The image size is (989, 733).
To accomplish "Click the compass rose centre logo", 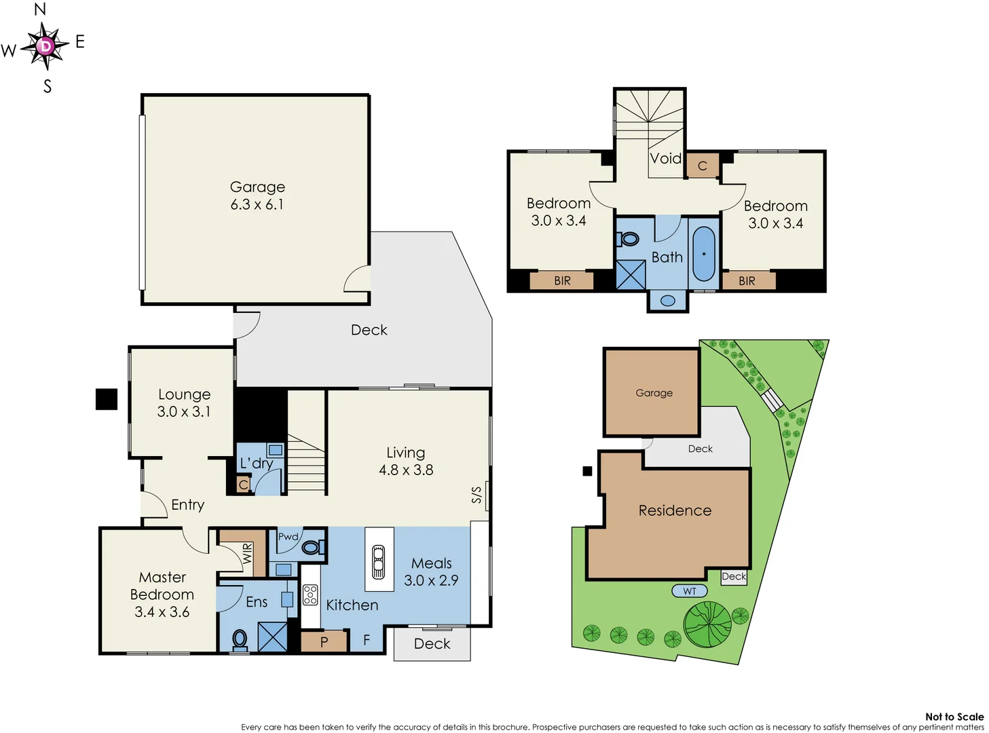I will pyautogui.click(x=45, y=46).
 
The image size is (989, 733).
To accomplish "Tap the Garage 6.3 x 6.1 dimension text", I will pyautogui.click(x=257, y=204).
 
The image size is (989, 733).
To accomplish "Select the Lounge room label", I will pyautogui.click(x=184, y=394).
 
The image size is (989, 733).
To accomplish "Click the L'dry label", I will pyautogui.click(x=256, y=464).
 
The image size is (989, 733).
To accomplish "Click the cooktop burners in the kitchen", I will pyautogui.click(x=310, y=595).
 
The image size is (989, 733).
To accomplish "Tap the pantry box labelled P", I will pyautogui.click(x=324, y=641).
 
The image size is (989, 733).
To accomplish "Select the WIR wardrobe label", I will pyautogui.click(x=247, y=553).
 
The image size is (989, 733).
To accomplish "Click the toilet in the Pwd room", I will pyautogui.click(x=312, y=547).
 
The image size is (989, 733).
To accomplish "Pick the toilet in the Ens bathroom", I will pyautogui.click(x=240, y=639).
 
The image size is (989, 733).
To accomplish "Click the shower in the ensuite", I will pyautogui.click(x=272, y=637).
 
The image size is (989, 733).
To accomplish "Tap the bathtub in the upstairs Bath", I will pyautogui.click(x=704, y=254).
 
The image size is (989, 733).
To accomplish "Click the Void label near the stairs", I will pyautogui.click(x=665, y=159).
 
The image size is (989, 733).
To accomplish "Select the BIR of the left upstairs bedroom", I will pyautogui.click(x=561, y=281).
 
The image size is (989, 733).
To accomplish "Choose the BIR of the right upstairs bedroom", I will pyautogui.click(x=747, y=281).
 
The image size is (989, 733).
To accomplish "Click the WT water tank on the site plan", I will pyautogui.click(x=690, y=591).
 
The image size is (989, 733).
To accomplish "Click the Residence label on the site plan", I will pyautogui.click(x=675, y=510).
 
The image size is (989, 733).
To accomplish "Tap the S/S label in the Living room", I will pyautogui.click(x=477, y=495).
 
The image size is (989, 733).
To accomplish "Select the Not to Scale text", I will pyautogui.click(x=954, y=717).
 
